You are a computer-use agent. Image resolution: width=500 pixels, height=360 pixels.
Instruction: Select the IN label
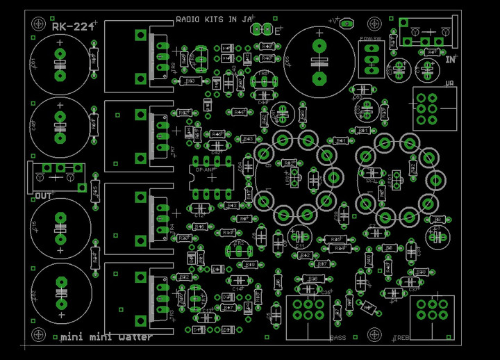pos(450,60)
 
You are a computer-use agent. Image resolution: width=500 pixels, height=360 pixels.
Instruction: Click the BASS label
pos(338,338)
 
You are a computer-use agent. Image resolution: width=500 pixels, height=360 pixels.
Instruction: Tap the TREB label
pos(401,338)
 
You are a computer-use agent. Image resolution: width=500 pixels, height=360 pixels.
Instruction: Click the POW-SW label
pos(371,39)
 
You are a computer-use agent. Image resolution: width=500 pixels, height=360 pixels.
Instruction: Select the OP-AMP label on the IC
pos(205,169)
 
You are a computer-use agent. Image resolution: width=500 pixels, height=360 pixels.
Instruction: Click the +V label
pos(335,22)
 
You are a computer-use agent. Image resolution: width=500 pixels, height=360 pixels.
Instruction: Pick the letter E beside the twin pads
pos(278,31)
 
